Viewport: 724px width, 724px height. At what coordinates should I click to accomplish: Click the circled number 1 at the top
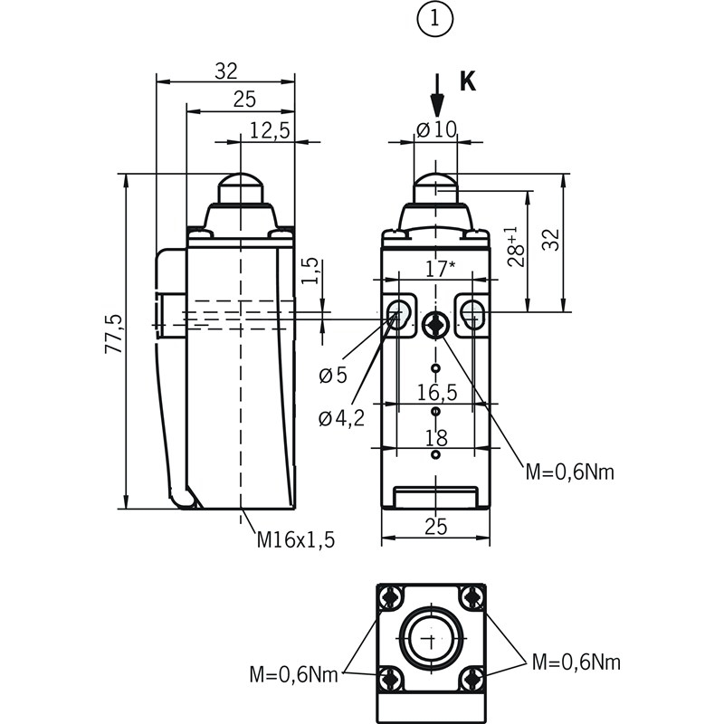[435, 21]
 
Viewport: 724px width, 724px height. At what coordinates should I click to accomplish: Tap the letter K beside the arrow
[467, 81]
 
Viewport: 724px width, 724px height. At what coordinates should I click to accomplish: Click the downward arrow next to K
[437, 94]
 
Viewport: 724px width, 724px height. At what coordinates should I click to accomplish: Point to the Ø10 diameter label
[436, 129]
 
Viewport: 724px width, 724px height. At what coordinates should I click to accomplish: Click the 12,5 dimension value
[269, 130]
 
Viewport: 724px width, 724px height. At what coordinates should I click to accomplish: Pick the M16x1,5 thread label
[296, 539]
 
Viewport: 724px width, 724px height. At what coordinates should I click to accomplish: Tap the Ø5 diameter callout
[333, 375]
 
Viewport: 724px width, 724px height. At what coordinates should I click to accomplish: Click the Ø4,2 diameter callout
[341, 417]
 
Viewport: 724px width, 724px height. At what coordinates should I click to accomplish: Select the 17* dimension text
[439, 269]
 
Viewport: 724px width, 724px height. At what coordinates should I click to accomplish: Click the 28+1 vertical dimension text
[515, 247]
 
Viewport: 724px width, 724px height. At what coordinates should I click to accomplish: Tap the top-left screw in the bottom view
[391, 598]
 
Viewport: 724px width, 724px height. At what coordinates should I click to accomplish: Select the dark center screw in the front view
[435, 326]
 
